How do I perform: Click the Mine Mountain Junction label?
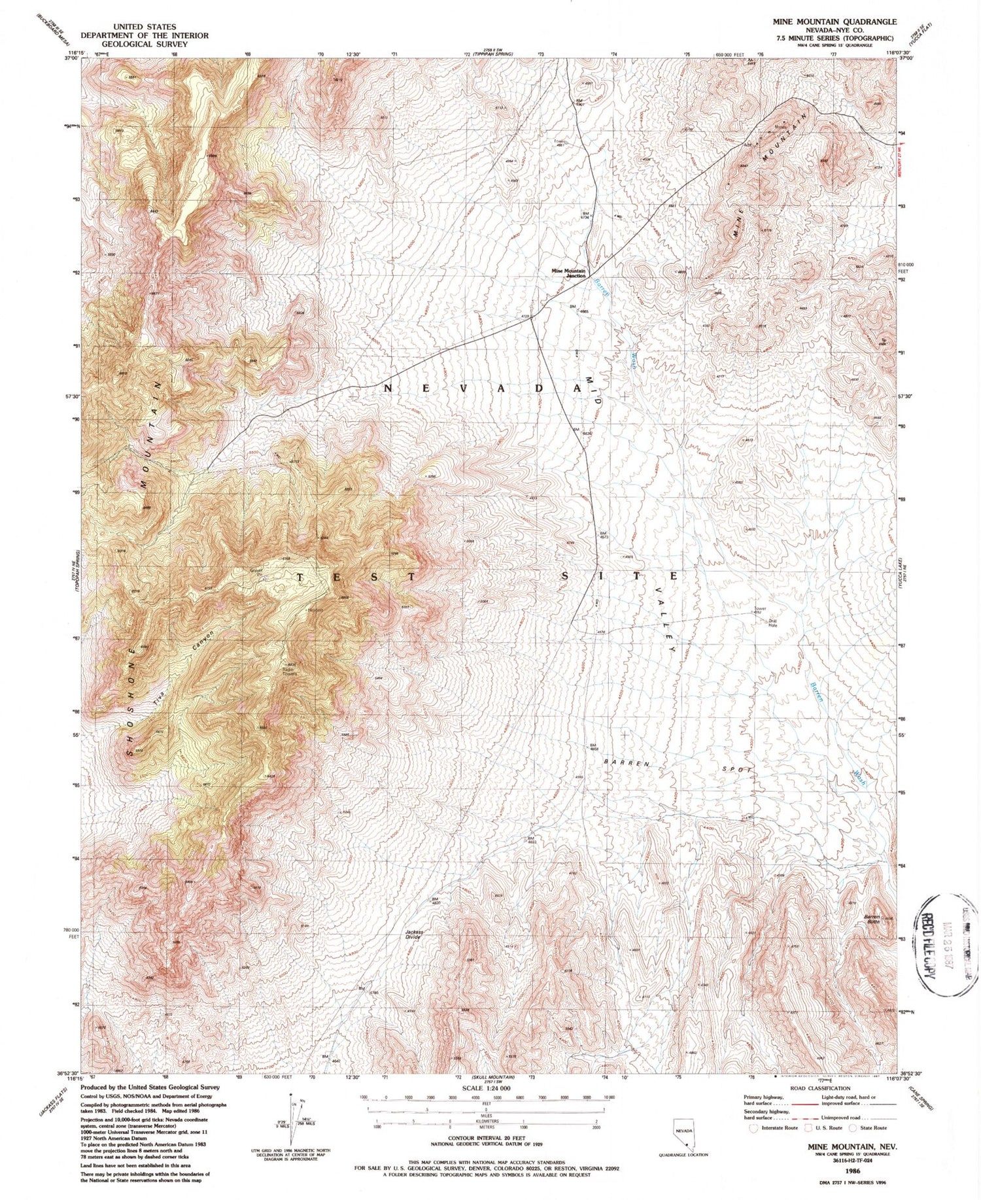(568, 273)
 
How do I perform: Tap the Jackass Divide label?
(413, 934)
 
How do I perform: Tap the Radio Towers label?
(290, 671)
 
